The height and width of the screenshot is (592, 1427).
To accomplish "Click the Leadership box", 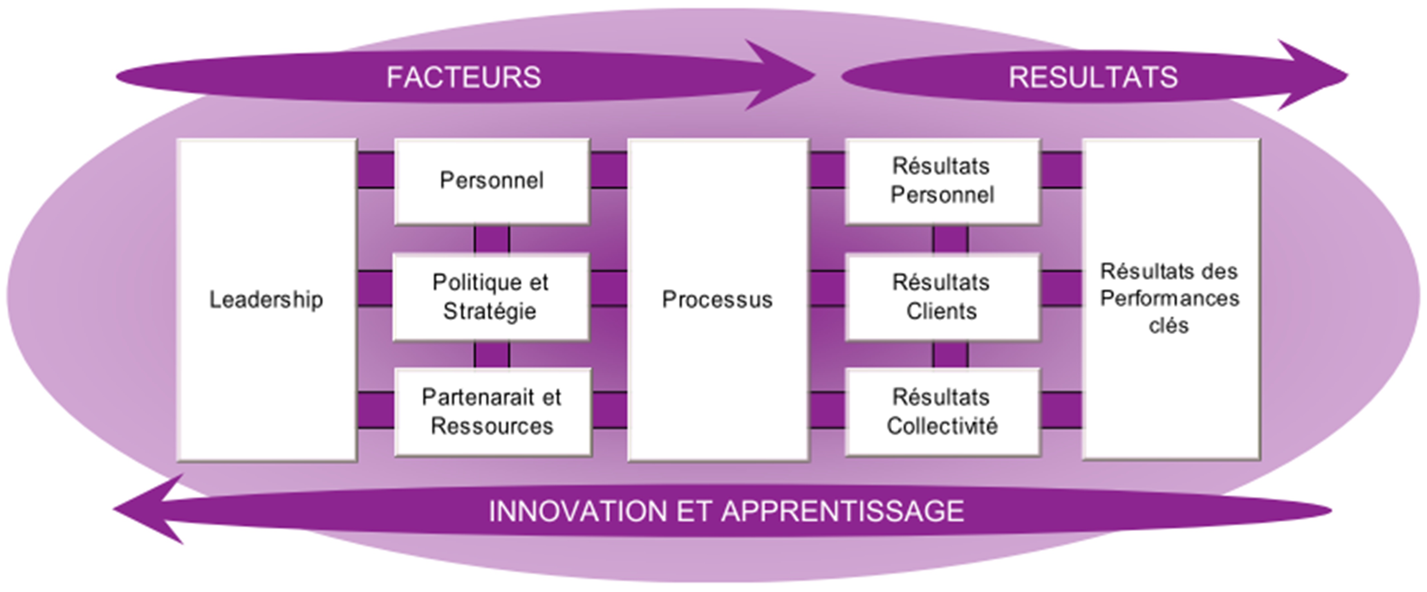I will coord(267,299).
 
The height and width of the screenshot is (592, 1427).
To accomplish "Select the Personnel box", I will coord(491,181).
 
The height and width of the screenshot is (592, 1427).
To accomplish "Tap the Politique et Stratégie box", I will coord(490,297).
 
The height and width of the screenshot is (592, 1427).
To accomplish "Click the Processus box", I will coord(717,299).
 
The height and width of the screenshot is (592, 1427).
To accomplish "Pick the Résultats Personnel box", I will coord(942,181).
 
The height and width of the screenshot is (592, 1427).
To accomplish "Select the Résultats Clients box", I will coord(942,297).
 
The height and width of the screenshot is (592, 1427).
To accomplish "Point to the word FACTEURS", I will coord(464,77).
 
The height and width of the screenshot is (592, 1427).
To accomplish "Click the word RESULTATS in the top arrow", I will coord(1093,77).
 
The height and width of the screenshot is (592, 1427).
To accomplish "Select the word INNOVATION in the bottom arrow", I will coord(578,510).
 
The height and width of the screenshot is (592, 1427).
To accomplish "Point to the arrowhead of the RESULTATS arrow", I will coord(1316,75).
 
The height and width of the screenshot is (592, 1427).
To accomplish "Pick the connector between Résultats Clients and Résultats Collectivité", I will coord(950,354).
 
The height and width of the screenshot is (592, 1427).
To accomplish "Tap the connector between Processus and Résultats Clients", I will coord(827,289).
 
